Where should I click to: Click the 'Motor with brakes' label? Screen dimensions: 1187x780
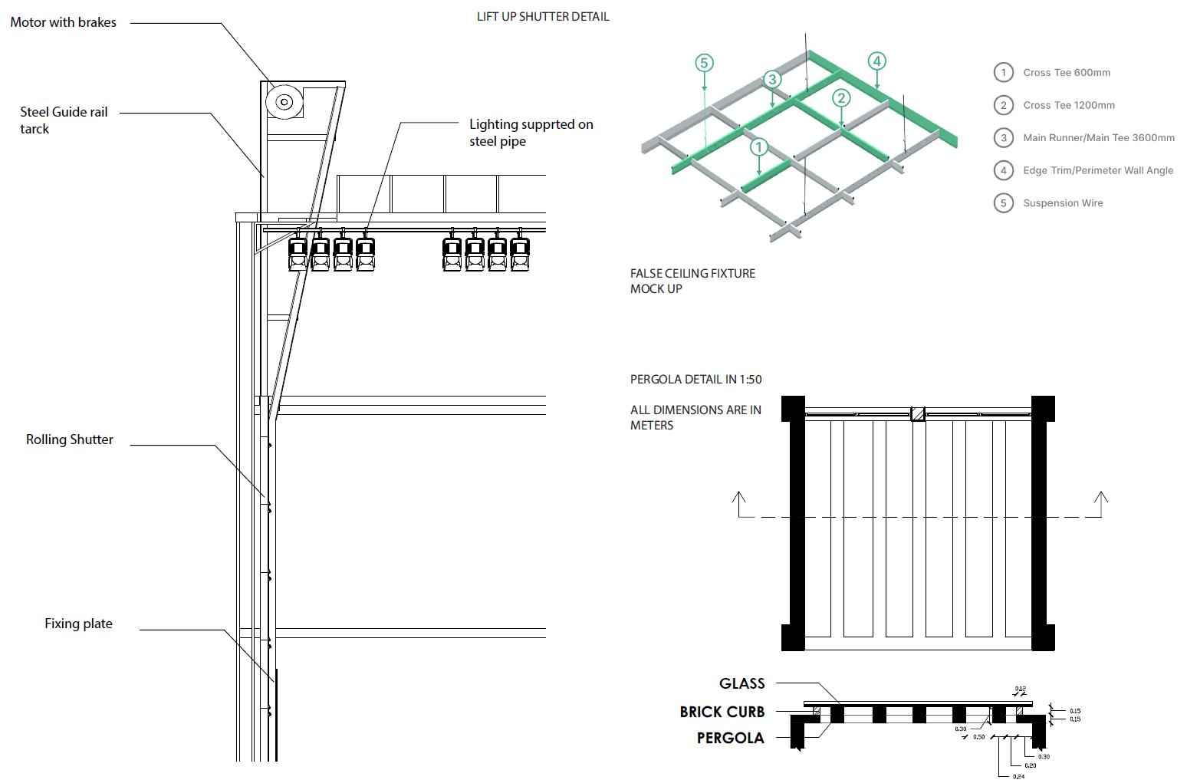(63, 22)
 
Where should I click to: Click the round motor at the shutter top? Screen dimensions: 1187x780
(283, 102)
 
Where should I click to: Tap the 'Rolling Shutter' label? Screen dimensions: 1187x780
(69, 439)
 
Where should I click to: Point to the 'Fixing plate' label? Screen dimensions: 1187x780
(78, 624)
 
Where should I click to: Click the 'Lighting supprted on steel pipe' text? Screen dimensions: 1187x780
(531, 132)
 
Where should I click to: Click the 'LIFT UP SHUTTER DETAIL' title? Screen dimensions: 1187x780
(543, 16)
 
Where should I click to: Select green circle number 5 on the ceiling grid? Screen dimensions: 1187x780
(704, 63)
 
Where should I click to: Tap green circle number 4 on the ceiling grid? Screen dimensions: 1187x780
(876, 61)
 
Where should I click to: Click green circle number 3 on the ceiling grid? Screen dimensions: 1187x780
(772, 79)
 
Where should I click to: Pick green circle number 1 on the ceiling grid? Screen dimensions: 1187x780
(758, 146)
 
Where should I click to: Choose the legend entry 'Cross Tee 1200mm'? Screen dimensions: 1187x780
(1068, 105)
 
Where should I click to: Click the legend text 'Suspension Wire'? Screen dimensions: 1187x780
(1063, 203)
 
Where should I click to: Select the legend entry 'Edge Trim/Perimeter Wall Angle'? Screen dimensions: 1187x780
(1097, 170)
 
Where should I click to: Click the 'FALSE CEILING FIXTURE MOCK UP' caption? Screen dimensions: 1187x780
(692, 281)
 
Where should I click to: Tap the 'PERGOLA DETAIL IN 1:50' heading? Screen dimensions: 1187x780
(695, 379)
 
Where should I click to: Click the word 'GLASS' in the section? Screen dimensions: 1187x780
(741, 683)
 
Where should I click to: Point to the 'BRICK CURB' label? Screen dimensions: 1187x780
(722, 712)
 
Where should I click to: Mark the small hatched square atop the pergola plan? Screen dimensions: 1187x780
(918, 413)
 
